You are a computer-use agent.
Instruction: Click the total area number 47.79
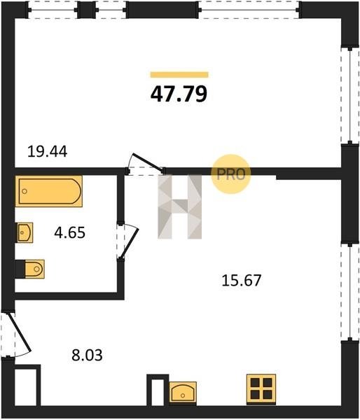tap(179, 94)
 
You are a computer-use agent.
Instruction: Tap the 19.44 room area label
tap(47, 152)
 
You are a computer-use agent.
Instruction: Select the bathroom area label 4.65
tap(70, 232)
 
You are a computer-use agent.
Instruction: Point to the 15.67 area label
tap(241, 281)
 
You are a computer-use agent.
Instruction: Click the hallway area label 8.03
tap(87, 356)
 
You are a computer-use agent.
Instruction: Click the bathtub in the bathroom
tap(49, 191)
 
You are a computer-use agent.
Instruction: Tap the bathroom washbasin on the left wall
tap(25, 232)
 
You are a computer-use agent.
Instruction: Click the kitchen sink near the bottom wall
tap(183, 392)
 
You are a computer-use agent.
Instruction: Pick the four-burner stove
tap(261, 390)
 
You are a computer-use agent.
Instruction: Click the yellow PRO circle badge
tap(231, 174)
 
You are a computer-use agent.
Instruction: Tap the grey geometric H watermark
tap(179, 206)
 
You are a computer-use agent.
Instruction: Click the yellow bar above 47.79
tap(179, 75)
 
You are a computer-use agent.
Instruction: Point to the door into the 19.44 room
tap(146, 164)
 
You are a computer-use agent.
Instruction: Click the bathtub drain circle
tap(25, 191)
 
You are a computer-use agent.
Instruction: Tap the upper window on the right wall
tap(349, 95)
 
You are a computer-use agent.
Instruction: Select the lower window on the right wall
tap(349, 292)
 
